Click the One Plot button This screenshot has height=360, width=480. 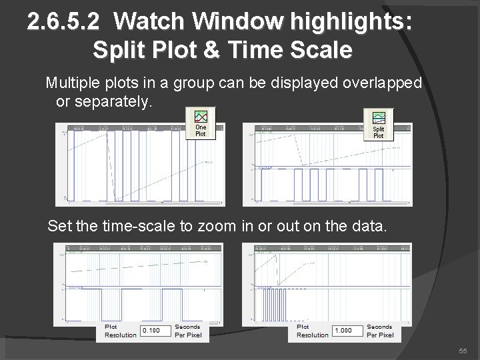coord(201,123)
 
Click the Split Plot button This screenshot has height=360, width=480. coord(378,125)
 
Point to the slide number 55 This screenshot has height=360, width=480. coord(461,351)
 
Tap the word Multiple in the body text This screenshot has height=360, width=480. coord(71,83)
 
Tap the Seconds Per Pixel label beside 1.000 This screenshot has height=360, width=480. coord(380,331)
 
